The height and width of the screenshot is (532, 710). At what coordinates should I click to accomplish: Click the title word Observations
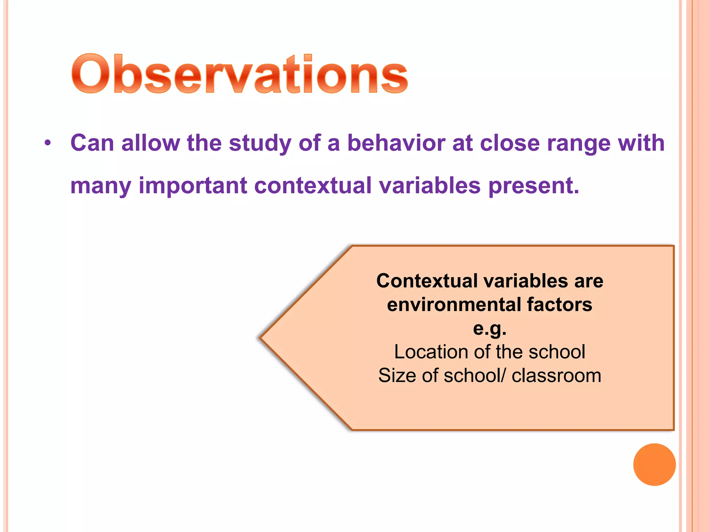pos(239,74)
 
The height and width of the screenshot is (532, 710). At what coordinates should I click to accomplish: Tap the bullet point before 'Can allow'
pos(48,143)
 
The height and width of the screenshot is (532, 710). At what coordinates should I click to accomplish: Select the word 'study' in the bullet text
pos(260,143)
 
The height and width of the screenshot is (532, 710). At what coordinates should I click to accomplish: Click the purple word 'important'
pos(193,186)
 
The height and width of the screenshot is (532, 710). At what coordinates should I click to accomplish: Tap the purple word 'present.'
pos(534,186)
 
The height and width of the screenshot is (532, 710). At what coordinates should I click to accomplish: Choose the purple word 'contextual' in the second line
pos(313,186)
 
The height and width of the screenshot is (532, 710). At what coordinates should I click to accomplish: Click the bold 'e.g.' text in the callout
pos(490,328)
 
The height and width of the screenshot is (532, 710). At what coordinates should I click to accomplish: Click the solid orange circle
pos(654,464)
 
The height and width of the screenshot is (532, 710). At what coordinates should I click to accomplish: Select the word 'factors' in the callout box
pos(560,304)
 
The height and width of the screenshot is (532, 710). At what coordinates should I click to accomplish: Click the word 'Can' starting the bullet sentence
pos(92,143)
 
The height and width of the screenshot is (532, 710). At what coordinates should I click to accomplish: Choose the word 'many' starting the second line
pos(101,186)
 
